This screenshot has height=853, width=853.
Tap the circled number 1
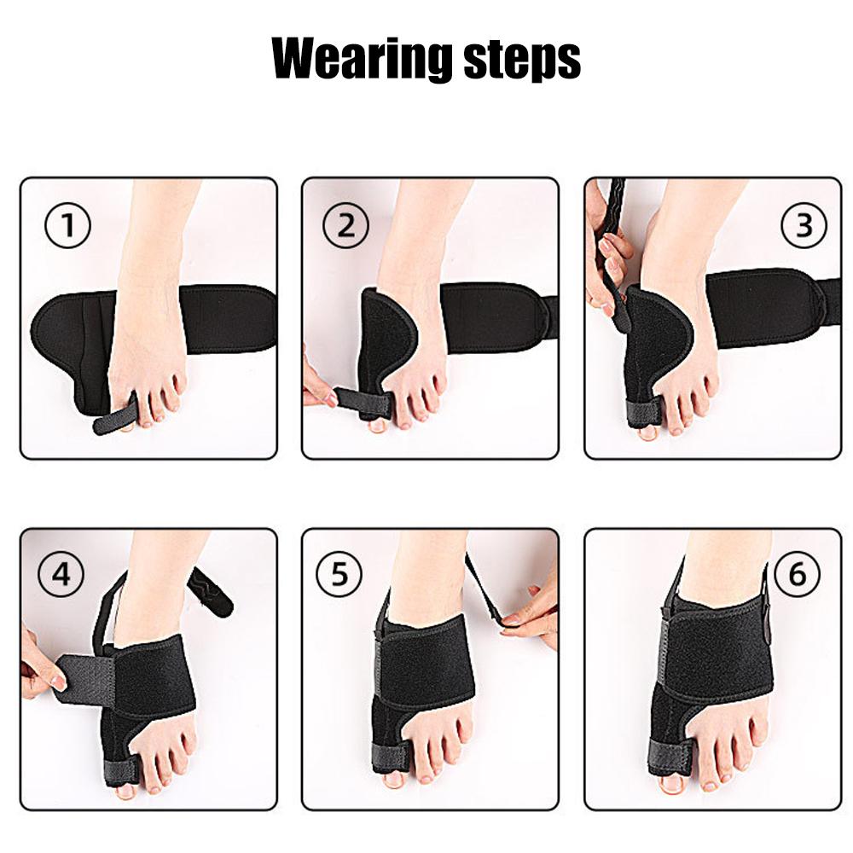click(x=67, y=229)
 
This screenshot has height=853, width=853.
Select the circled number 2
click(x=345, y=227)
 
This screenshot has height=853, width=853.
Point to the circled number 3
click(x=804, y=225)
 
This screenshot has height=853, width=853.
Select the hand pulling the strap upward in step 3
click(x=607, y=256)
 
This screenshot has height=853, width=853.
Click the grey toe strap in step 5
click(x=390, y=756)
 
